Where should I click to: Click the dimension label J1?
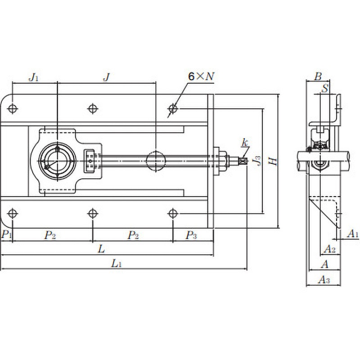click(x=33, y=77)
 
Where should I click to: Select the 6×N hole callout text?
click(x=201, y=76)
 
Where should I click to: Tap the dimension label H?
click(x=273, y=162)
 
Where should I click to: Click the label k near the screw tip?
click(x=245, y=143)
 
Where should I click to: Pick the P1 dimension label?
click(x=6, y=234)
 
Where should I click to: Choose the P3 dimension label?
click(x=191, y=235)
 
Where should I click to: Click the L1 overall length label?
click(x=116, y=263)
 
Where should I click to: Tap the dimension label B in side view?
click(x=318, y=76)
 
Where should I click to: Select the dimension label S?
click(x=325, y=88)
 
